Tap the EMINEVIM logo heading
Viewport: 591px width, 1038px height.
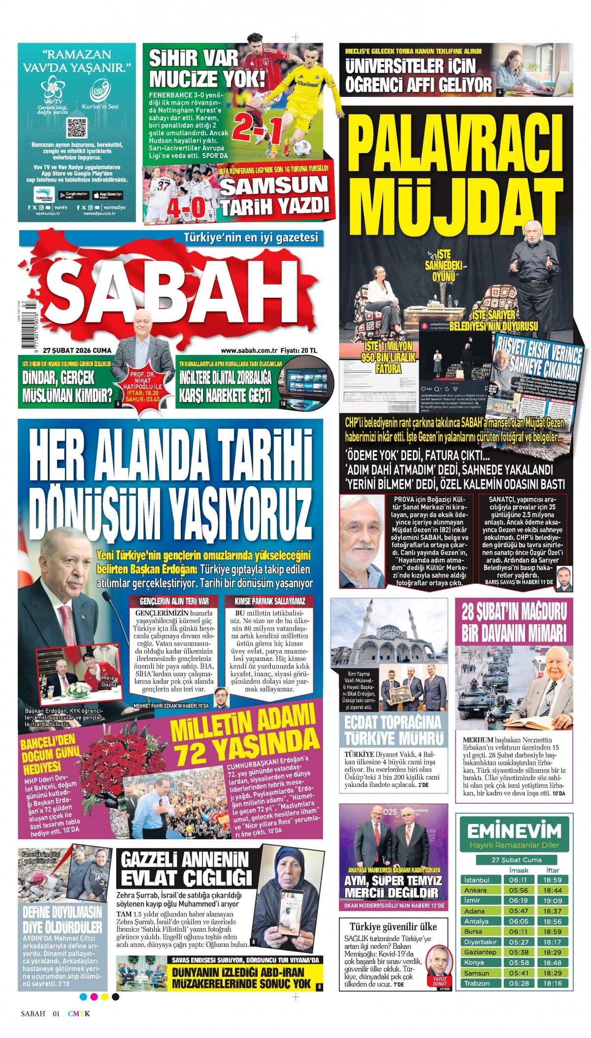(x=514, y=791)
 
